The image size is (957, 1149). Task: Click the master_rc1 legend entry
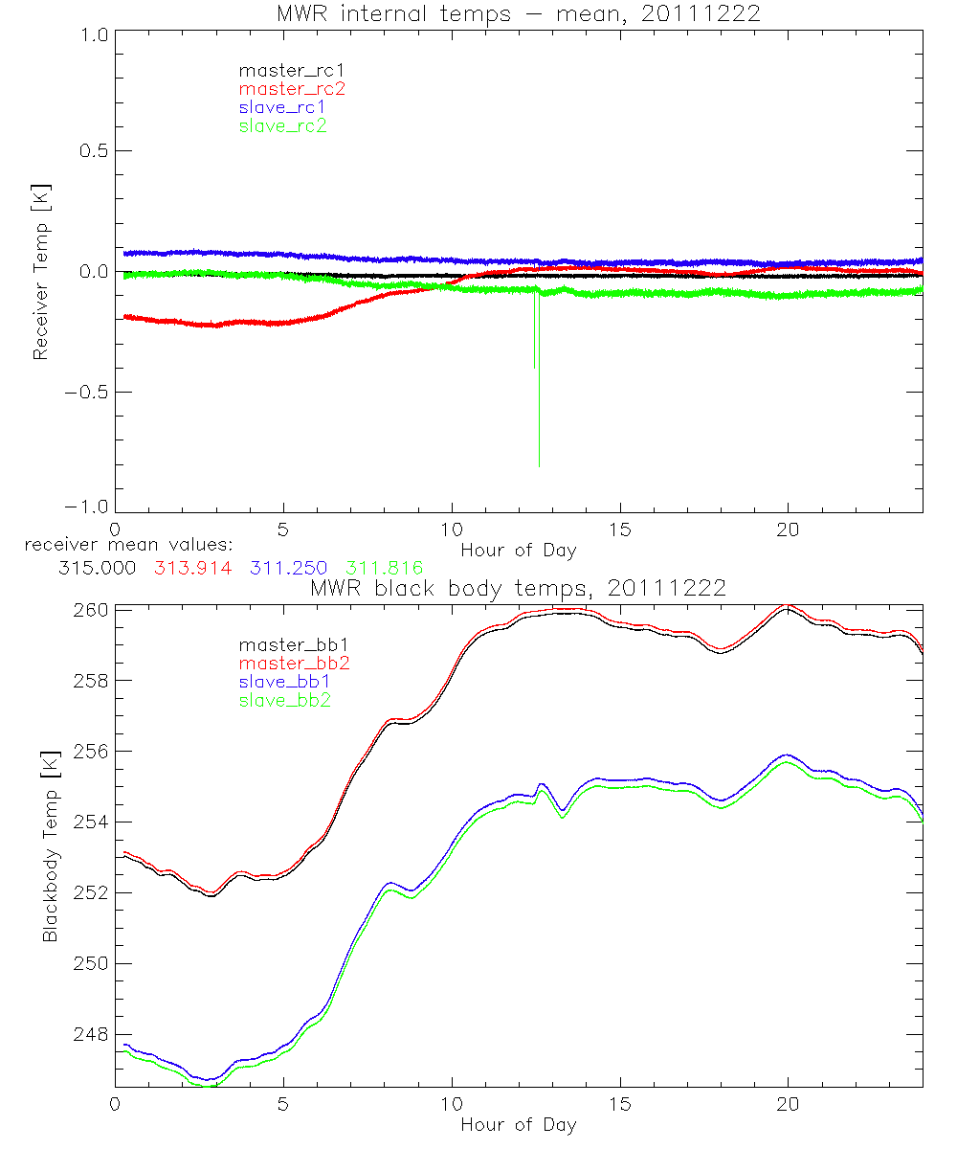(x=282, y=70)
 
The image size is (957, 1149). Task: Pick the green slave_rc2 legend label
(x=283, y=124)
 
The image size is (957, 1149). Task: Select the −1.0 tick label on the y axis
(x=85, y=511)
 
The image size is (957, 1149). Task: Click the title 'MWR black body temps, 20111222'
(x=518, y=588)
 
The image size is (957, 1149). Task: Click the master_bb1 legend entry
(x=282, y=645)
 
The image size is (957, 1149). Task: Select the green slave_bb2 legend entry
(x=283, y=701)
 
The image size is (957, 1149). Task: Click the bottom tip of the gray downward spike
(x=539, y=466)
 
